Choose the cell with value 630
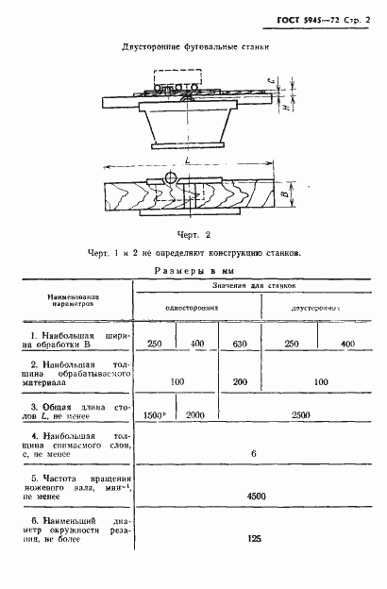[x=239, y=343]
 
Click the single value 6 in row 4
[x=253, y=454]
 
